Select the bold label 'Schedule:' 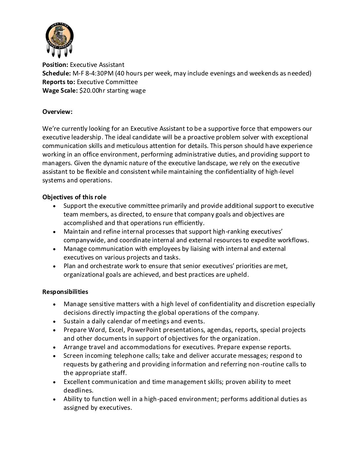pos(57,73)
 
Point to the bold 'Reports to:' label pos(59,82)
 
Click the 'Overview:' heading pos(57,112)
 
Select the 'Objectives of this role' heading pos(74,197)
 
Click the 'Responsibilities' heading pos(65,292)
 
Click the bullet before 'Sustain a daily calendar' pos(54,321)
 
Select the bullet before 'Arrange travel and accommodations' pos(54,347)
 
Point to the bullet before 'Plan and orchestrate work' pos(54,266)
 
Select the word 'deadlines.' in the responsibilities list pos(78,390)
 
